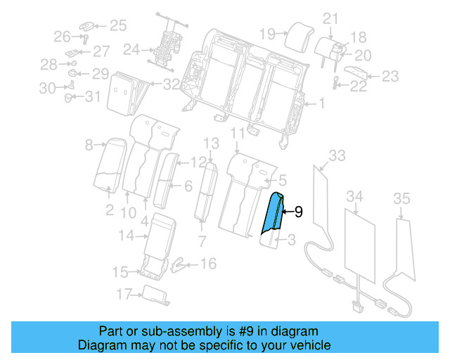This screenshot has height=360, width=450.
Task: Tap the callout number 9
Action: [x=298, y=210]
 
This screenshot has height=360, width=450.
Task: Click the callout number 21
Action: [x=330, y=19]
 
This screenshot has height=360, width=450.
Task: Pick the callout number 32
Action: [x=172, y=85]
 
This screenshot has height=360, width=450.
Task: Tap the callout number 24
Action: [x=131, y=50]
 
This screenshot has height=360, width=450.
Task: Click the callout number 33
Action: [x=337, y=155]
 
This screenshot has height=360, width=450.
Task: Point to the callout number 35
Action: [x=401, y=200]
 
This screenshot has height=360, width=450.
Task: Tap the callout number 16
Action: [x=209, y=264]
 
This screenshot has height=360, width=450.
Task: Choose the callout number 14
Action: [x=126, y=236]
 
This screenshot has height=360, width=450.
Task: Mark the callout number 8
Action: [x=89, y=146]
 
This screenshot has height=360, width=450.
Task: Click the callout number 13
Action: [x=212, y=144]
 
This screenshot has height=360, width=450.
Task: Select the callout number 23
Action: [x=390, y=76]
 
